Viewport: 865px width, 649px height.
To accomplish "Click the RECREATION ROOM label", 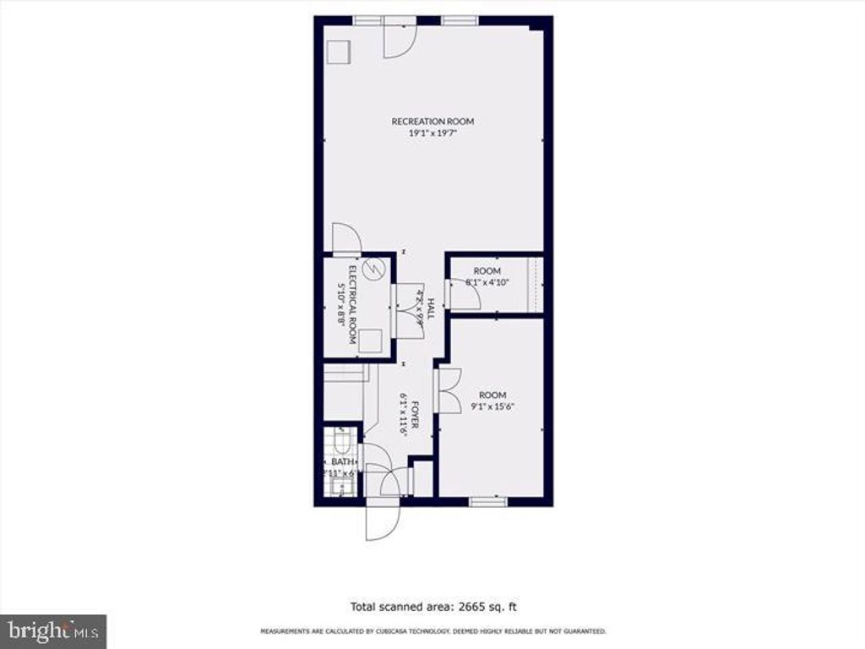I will coord(432,121).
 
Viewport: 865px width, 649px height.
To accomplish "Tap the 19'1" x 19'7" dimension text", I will coord(432,133).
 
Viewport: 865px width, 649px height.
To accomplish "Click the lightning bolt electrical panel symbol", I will coord(378,270).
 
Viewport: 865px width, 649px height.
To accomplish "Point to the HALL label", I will coord(430,308).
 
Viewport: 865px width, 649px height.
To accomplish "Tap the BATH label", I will coord(340,461).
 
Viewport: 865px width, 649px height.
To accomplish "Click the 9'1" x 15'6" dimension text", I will coord(492,406).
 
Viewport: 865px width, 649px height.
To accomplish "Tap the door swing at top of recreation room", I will coord(399,40).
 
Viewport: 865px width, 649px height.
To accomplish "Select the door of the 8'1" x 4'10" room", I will coord(463,293).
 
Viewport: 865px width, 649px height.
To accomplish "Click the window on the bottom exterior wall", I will coord(488,501).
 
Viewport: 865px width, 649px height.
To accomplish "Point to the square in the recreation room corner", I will coord(339,51).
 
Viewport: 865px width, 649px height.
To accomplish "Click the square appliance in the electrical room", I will coord(369,341).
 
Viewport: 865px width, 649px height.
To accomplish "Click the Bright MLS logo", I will coord(52,630).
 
